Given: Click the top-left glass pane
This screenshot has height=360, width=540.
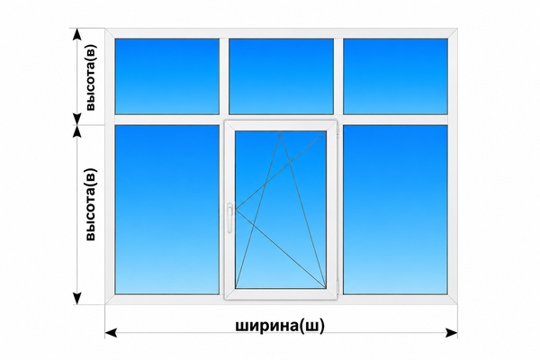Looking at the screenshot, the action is [167, 76].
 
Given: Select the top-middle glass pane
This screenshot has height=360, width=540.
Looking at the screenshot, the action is [281, 76].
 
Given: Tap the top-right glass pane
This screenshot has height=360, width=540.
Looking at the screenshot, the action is [395, 76].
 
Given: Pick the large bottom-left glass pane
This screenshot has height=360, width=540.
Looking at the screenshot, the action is [167, 210].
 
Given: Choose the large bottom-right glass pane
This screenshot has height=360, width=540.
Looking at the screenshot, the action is [395, 210].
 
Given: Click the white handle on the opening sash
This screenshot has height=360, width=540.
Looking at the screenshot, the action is [229, 218].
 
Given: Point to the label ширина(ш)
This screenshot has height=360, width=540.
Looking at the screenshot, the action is [280, 325].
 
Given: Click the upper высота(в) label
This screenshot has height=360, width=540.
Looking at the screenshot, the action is [90, 78].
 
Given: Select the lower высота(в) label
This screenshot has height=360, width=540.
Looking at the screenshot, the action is [90, 204].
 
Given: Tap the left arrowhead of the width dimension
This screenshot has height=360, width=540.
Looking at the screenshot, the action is [110, 333].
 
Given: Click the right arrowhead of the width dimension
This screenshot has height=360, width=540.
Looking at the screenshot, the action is [452, 333].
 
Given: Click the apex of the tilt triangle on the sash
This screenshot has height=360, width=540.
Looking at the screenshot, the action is [281, 131].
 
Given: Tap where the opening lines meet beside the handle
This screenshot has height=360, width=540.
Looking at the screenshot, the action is [236, 209].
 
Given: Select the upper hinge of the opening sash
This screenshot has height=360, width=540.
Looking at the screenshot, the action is [337, 130].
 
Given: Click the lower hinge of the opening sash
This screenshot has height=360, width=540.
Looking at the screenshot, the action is [337, 285].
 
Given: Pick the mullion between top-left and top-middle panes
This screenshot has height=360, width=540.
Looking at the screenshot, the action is [224, 76].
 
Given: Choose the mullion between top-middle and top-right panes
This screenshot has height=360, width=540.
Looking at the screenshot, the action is [338, 76].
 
